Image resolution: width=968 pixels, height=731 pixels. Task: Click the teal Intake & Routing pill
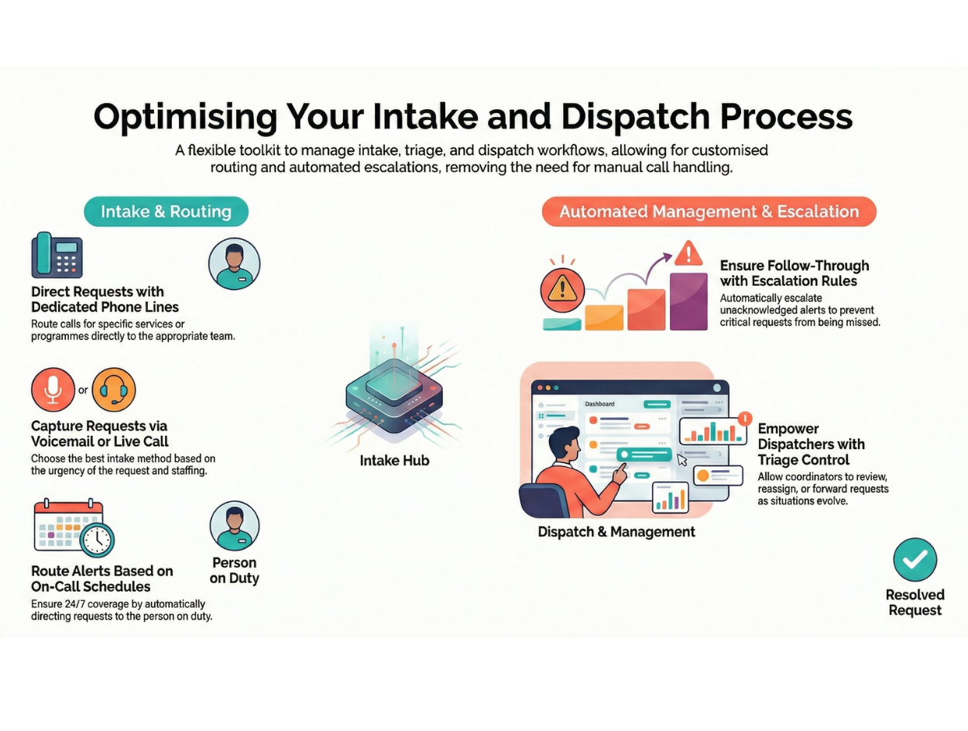[166, 211]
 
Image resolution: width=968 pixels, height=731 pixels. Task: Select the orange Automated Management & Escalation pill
[709, 211]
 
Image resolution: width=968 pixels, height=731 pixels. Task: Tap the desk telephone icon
[57, 256]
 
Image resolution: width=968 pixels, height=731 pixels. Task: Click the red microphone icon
[53, 390]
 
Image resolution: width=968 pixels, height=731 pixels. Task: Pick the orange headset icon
[114, 390]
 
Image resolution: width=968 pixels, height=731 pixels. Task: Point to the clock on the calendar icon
[97, 539]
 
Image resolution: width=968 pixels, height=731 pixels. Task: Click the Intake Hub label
[394, 461]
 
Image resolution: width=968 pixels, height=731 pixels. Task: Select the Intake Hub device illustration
[394, 395]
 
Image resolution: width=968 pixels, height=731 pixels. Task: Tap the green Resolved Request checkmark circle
[915, 559]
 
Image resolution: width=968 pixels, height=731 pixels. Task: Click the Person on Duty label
[234, 571]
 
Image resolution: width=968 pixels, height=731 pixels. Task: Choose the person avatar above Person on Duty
[234, 526]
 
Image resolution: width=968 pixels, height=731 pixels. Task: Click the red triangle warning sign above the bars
[688, 253]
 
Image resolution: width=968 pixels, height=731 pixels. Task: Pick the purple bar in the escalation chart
[688, 301]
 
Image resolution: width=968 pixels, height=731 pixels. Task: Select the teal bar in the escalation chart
[561, 324]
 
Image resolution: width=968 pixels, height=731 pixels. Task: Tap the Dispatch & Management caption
[616, 532]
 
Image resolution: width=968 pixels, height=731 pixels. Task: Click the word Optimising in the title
[185, 117]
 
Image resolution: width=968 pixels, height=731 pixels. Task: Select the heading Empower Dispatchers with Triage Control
[811, 444]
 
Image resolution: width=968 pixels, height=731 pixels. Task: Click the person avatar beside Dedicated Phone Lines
[234, 263]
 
